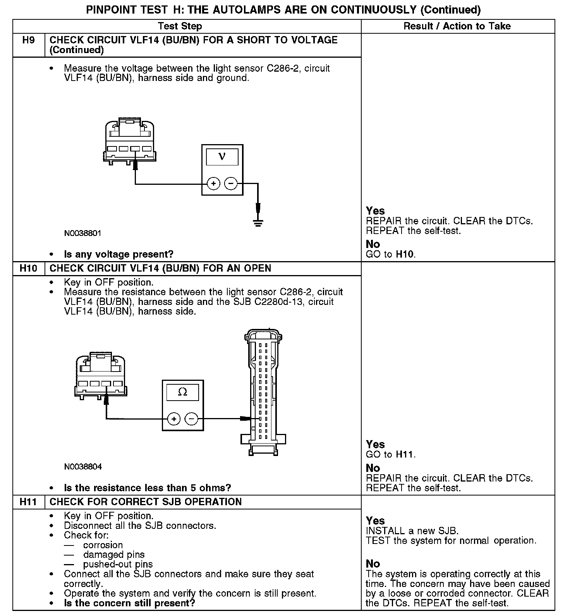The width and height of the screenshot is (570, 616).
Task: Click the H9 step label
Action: point(28,40)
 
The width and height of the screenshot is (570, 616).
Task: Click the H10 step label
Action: point(28,268)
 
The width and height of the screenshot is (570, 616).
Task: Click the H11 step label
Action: point(28,502)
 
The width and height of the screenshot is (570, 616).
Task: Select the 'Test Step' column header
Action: point(180,26)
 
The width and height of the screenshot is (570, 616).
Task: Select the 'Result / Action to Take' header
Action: point(457,26)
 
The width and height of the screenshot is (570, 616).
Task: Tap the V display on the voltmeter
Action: point(222,157)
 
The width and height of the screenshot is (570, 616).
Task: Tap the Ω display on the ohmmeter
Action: point(182,392)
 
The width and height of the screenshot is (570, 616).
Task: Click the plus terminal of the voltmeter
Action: point(213,183)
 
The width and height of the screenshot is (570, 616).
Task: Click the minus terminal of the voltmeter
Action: point(231,183)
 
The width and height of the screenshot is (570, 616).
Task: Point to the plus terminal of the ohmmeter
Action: point(174,419)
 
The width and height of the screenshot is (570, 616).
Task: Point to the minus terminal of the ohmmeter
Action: point(191,419)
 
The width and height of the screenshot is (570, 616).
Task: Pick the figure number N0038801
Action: point(83,234)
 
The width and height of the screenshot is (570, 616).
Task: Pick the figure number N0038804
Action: point(83,467)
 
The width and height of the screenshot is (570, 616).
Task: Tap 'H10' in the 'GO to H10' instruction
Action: point(405,255)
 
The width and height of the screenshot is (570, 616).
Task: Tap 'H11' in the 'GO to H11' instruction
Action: point(405,454)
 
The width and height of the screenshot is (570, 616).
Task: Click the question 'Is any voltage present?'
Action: point(118,255)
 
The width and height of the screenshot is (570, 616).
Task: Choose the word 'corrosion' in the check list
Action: point(103,545)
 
